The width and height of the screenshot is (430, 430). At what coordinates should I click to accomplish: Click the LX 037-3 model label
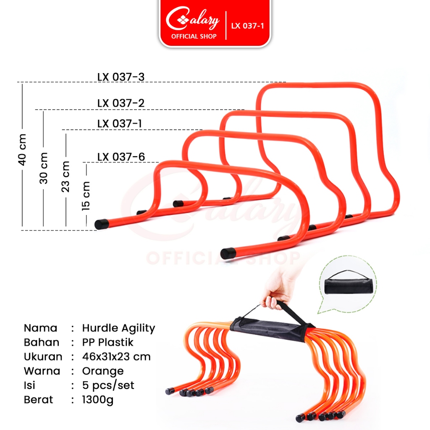click(x=121, y=77)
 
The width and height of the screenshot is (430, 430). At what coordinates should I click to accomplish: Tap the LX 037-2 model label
click(x=121, y=103)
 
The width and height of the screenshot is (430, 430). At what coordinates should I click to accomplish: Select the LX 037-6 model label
click(x=121, y=157)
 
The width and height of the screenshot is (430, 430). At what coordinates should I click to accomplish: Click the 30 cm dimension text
click(x=44, y=168)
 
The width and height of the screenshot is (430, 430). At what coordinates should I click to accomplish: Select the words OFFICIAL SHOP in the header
click(x=194, y=37)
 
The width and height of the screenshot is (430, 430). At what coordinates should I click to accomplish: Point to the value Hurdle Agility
click(x=118, y=328)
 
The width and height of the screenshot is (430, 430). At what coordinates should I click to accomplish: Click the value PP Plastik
click(x=107, y=343)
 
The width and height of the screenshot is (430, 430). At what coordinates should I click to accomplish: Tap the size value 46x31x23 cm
click(x=116, y=357)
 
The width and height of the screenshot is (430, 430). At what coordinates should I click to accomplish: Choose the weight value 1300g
click(x=97, y=400)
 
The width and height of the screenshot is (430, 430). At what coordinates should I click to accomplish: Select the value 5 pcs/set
click(x=108, y=385)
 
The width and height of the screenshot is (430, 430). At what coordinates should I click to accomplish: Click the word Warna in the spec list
click(x=42, y=371)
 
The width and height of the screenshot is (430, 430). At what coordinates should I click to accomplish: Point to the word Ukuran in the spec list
click(x=43, y=357)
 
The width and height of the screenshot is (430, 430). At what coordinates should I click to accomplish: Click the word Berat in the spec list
click(x=39, y=400)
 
